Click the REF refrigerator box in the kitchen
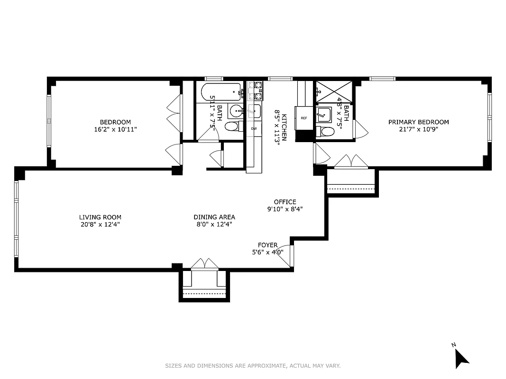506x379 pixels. [304, 118]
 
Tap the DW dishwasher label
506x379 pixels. [254, 128]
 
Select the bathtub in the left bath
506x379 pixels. [221, 91]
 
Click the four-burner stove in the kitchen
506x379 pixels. [254, 90]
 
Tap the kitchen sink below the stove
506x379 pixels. [254, 111]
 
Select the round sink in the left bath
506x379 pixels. [236, 111]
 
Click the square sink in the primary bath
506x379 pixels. [325, 114]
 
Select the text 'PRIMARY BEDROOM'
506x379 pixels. [418, 122]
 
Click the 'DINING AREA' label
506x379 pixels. [214, 217]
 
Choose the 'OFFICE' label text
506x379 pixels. [285, 202]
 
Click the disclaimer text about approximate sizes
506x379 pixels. [253, 366]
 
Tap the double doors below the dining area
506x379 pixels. [204, 264]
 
